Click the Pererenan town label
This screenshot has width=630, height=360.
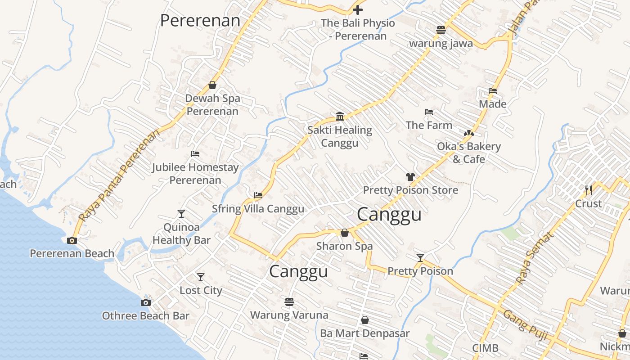point(200,21)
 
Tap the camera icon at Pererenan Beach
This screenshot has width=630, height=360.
point(72,240)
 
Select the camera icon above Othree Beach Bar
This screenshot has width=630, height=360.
point(145,302)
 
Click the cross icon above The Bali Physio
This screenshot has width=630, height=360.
point(358,9)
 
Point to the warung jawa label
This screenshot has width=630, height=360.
point(441,43)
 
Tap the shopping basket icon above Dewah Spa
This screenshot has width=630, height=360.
point(212,85)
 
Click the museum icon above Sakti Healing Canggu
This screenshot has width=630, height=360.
point(340,117)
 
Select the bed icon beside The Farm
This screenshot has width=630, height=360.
point(429,112)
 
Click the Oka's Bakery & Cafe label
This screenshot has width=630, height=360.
point(469,153)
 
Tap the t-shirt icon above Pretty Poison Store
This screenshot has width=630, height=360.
point(410,177)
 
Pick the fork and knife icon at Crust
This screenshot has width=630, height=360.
point(588,190)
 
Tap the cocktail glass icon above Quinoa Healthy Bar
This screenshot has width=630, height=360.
point(181,214)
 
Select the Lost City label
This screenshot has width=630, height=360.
point(201,290)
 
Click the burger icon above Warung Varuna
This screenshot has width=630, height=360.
point(289,301)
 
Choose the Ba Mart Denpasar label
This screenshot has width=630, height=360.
point(364,333)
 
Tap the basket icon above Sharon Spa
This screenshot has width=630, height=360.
point(344,233)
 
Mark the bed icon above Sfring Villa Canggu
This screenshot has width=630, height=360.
point(258,195)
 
